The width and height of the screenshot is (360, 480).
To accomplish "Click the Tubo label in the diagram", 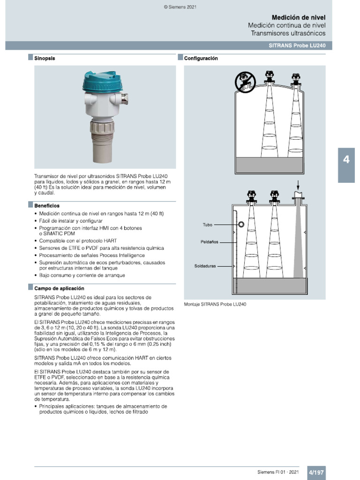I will [207, 225].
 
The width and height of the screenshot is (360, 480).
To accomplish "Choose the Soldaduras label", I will [205, 266].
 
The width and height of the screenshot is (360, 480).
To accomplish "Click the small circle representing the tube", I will [241, 225].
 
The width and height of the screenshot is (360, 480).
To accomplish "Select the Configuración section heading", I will [201, 59].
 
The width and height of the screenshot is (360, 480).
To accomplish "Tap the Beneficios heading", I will [47, 206].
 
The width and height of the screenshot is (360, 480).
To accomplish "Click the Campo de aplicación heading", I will [59, 288].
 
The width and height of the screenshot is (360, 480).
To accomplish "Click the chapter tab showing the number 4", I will [346, 160].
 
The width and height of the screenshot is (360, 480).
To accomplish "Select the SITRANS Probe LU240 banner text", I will [297, 45].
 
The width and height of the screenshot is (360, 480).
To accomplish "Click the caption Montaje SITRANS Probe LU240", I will [215, 304].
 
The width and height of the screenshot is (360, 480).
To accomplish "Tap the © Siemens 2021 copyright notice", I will [180, 7].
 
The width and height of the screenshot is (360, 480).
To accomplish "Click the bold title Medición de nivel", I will [298, 17].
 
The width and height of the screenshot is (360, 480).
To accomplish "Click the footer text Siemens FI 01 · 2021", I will [278, 472].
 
